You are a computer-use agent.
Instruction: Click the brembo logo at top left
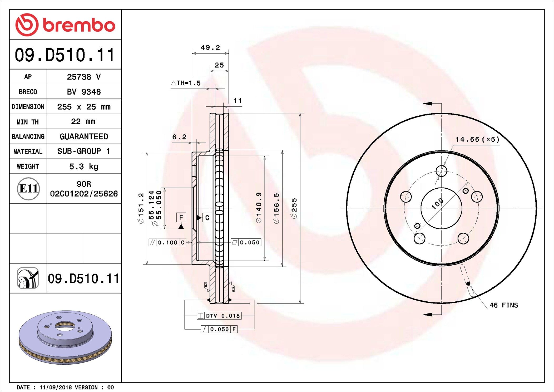coord(65,25)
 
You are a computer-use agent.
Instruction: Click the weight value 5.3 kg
coord(84,166)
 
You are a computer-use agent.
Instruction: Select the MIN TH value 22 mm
coord(83,121)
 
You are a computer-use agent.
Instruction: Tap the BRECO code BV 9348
coord(84,92)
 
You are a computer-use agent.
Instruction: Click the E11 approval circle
coord(28,189)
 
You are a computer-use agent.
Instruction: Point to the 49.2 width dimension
coord(210,48)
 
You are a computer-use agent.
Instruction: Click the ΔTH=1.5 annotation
coord(186,83)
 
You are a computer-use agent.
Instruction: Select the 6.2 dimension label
coord(179,137)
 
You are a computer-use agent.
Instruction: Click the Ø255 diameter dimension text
coord(294,208)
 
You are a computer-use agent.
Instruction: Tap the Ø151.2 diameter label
coord(141,208)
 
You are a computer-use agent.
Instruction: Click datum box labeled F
coord(181,217)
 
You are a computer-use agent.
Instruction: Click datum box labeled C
coord(207,218)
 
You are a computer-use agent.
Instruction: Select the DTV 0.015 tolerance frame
coord(219,316)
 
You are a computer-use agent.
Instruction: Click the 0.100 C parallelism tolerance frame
coord(167,242)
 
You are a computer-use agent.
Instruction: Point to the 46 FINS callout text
coord(503,305)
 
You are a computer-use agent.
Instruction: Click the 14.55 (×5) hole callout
coord(477,139)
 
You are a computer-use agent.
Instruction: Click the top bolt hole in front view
coord(441,171)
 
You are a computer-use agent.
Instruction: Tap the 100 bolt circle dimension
coord(438,204)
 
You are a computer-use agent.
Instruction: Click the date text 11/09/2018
coord(56,388)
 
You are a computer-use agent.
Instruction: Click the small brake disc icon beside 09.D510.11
coord(28,278)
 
